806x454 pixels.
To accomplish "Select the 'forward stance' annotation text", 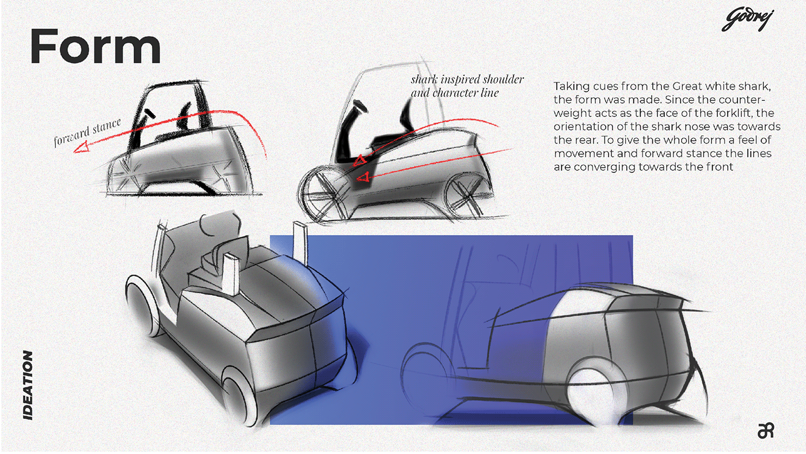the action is click(x=88, y=133).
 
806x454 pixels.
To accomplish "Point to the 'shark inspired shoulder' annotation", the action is click(x=467, y=80).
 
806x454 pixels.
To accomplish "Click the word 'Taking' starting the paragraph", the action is click(x=569, y=86).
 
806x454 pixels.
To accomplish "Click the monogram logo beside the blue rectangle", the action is click(x=766, y=430).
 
